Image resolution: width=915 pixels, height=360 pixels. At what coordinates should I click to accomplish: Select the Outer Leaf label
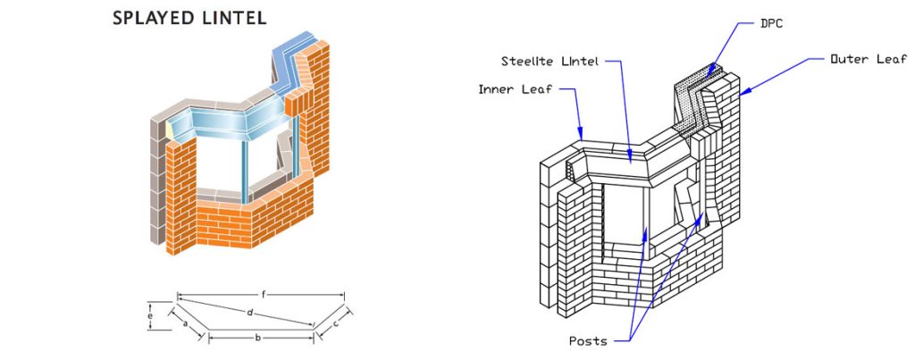coord(868,59)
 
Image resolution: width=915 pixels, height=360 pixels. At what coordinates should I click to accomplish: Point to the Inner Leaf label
coord(514,89)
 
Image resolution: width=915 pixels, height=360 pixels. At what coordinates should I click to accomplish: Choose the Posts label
coord(588,341)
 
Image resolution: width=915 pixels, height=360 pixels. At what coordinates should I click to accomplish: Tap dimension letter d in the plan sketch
coord(250,312)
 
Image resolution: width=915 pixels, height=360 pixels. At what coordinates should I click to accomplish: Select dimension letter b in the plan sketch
coord(257,338)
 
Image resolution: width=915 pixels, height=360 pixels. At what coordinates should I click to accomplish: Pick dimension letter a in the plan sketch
coord(185,324)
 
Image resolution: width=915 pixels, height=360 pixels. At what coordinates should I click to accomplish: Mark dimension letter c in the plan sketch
coord(335,324)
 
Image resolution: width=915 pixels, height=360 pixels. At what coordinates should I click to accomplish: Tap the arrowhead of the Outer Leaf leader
coord(742,92)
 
